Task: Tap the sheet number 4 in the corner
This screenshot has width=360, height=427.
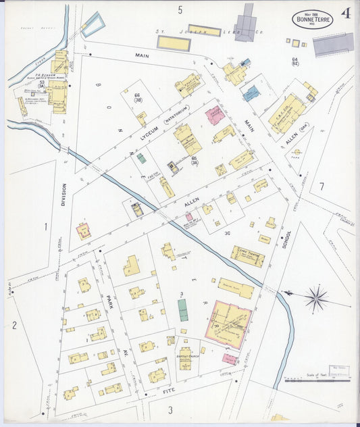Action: tap(346, 14)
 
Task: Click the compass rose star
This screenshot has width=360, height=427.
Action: tap(315, 297)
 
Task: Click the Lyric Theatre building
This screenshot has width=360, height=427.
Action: tap(247, 255)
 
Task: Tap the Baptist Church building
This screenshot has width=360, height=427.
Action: tap(185, 358)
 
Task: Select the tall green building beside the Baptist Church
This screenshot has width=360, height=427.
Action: tap(183, 311)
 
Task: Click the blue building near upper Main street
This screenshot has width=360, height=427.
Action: tap(251, 93)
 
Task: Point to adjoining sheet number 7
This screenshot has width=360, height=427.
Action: tap(322, 186)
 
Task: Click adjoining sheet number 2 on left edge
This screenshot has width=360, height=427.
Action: tap(14, 326)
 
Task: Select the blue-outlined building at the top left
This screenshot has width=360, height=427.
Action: tap(93, 24)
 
